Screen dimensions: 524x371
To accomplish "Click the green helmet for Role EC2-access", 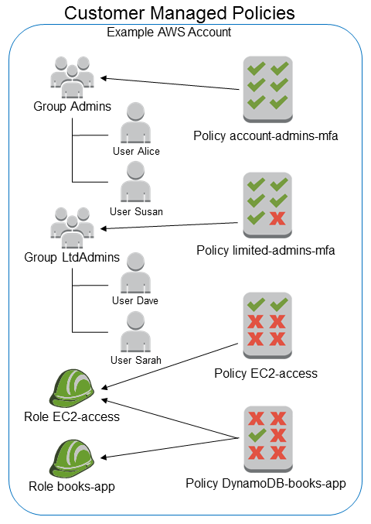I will [x=71, y=389].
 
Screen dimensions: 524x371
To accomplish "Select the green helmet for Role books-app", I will [x=71, y=457].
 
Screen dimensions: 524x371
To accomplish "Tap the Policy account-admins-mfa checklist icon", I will [x=267, y=83].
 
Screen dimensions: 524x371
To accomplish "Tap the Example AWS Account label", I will [x=168, y=33].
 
